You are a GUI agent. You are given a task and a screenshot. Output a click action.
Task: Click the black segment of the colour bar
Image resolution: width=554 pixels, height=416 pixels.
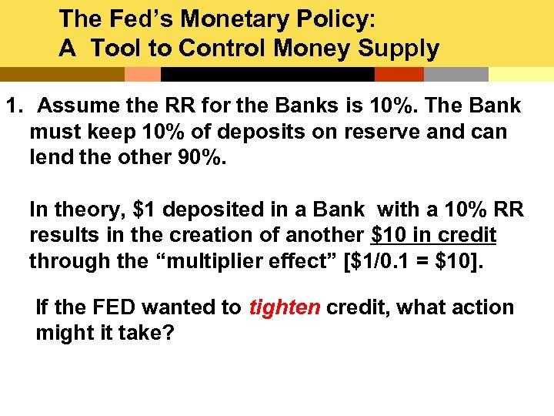tap(267, 74)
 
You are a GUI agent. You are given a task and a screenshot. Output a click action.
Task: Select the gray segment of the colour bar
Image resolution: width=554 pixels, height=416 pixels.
tap(456, 74)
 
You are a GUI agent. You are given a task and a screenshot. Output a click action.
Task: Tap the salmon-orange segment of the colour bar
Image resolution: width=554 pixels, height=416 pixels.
tap(142, 74)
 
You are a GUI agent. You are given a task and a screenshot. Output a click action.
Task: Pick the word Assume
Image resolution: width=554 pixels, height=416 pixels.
tap(77, 106)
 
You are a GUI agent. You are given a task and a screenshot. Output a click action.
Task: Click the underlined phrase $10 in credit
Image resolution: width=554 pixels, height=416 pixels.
tap(433, 234)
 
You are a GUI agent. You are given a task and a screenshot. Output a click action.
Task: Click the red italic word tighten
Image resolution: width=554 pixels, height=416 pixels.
tap(284, 307)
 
